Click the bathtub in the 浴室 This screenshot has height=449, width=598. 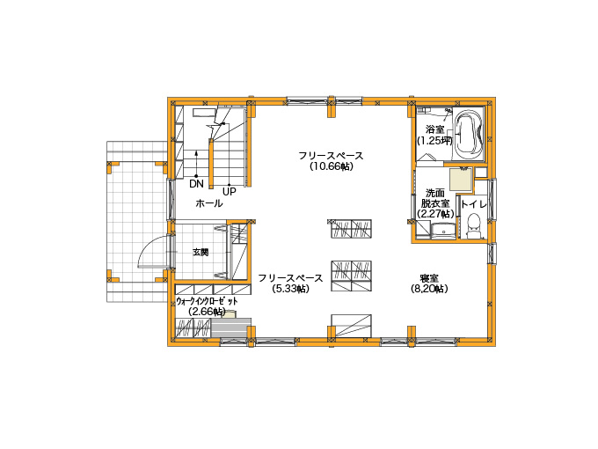469,134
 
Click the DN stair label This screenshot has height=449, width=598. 196,184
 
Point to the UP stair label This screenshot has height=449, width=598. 230,191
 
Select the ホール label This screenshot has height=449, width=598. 209,203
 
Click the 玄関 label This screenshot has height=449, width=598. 201,252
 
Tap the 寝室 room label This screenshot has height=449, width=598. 429,278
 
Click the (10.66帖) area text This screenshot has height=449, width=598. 331,166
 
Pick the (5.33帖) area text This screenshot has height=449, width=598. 290,289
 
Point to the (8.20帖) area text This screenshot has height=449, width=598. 429,289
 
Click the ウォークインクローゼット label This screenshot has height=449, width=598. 207,301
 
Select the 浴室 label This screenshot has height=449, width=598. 434,129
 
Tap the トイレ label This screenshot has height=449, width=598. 474,204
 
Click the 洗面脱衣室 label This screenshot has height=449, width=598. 435,198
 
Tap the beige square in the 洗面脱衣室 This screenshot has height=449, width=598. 461,179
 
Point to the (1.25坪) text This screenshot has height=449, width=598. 434,141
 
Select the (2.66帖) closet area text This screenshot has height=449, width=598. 207,312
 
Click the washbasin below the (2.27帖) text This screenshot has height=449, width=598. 443,231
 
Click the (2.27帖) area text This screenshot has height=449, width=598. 435,214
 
